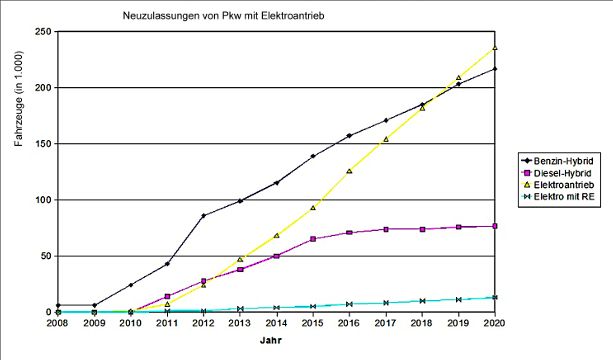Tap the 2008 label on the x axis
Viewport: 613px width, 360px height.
point(58,324)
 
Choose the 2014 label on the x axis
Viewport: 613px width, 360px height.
point(276,324)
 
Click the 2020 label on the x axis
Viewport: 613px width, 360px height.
point(494,324)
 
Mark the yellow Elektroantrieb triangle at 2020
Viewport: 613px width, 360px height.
point(495,47)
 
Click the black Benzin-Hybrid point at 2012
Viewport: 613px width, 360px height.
point(204,215)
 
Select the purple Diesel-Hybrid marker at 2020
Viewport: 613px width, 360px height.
point(495,226)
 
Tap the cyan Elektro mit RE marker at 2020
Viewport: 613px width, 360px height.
point(495,297)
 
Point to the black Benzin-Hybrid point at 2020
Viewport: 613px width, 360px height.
point(495,69)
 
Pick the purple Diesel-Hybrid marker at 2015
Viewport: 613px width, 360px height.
point(313,239)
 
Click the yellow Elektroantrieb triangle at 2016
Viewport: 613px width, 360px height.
point(349,171)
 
